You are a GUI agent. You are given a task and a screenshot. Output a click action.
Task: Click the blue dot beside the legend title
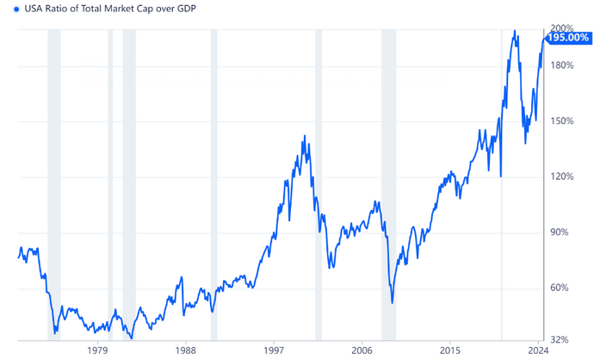tap(7, 9)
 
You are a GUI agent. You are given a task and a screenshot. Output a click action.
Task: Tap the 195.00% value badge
tap(568, 37)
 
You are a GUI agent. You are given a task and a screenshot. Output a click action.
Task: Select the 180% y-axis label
tap(560, 65)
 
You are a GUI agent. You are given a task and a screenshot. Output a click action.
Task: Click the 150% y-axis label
tap(560, 121)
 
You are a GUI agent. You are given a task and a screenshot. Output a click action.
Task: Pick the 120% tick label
tap(560, 177)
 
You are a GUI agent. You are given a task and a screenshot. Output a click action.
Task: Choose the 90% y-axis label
tap(559, 233)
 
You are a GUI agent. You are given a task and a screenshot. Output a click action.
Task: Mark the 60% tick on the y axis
tap(559, 288)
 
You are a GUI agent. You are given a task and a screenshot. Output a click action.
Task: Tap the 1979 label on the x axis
tap(97, 351)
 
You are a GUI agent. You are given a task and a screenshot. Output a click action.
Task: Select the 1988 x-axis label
tap(186, 351)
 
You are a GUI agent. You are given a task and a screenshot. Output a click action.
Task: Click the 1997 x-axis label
tap(275, 351)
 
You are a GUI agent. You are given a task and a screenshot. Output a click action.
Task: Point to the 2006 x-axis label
tap(362, 351)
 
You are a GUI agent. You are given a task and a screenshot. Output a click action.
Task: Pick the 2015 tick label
tap(450, 351)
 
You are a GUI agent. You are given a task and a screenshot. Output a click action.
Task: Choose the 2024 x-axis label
tap(538, 351)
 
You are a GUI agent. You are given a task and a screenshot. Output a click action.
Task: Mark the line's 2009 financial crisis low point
tap(393, 302)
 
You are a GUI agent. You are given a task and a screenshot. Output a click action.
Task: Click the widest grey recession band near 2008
tap(388, 185)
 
